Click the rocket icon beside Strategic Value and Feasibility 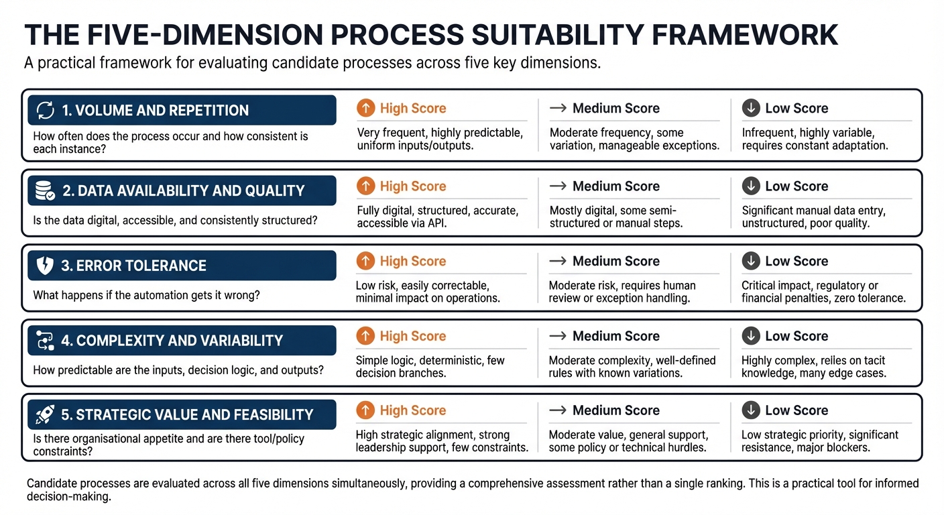pos(44,414)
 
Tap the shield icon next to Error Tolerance pos(44,266)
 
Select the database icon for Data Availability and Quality pos(44,191)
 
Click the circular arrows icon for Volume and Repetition pos(44,111)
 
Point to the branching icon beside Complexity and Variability pos(44,341)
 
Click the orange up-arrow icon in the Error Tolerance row pos(365,261)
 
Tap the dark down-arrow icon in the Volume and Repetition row pos(751,108)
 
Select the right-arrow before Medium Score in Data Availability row pos(558,186)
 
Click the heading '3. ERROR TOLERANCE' pos(133,266)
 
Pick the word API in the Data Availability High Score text pos(436,223)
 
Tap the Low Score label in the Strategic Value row pos(796,410)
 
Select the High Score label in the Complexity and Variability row pos(412,336)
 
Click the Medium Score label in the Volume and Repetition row pos(615,108)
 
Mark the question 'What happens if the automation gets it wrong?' pos(146,295)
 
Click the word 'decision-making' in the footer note pos(68,498)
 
